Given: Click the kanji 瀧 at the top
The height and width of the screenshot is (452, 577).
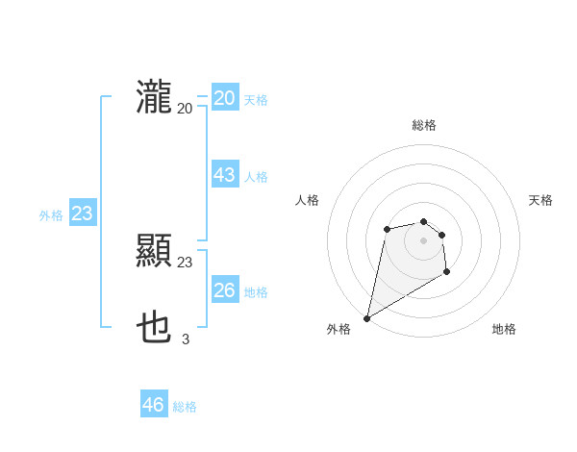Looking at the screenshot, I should click(x=154, y=98).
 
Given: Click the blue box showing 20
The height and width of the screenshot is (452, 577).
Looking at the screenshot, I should click(x=224, y=98).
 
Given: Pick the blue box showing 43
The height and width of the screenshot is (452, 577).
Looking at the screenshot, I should click(x=224, y=176).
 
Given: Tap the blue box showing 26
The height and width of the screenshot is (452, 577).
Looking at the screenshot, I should click(x=224, y=290).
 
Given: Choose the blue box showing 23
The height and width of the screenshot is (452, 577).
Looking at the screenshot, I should click(x=82, y=213).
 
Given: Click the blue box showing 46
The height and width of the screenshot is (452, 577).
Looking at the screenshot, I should click(x=153, y=405).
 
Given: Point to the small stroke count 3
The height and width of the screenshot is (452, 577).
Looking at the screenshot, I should click(x=186, y=339).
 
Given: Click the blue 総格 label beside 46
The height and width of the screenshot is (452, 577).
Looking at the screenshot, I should click(x=185, y=407).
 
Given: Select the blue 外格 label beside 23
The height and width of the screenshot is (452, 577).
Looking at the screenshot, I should click(x=51, y=215).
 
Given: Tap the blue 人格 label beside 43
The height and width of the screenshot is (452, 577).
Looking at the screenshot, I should click(x=256, y=177).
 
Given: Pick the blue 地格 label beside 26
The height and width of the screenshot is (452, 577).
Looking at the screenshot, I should click(x=256, y=292).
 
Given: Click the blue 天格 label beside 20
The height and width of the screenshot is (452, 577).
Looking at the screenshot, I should click(x=256, y=100).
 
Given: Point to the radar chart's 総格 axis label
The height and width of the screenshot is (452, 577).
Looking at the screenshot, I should click(x=424, y=125).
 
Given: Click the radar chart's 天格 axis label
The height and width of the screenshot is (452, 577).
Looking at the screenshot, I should click(x=541, y=200).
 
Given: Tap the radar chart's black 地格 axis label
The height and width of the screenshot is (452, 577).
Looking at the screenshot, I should click(x=504, y=329).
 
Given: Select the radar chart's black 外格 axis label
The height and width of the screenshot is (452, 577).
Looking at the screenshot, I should click(x=339, y=329).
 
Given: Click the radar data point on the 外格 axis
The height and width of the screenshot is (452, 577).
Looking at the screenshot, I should click(x=366, y=317).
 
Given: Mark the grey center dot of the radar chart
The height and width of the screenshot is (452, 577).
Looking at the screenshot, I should click(x=424, y=239).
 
